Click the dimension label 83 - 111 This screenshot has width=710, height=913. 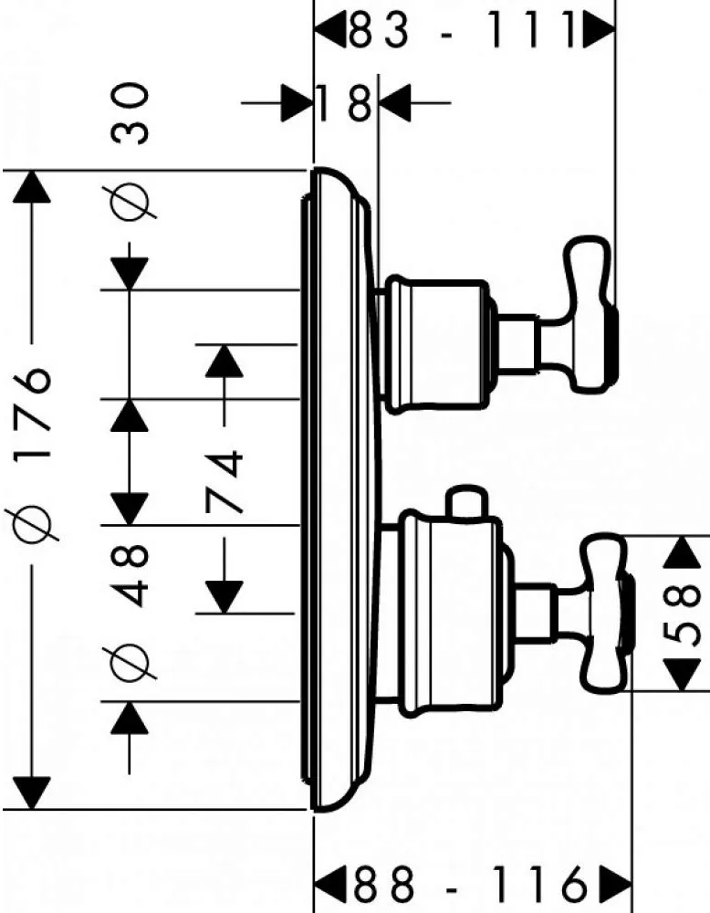pyautogui.click(x=464, y=30)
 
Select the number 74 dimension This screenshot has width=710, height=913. pyautogui.click(x=224, y=481)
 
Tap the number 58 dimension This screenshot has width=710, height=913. pyautogui.click(x=682, y=614)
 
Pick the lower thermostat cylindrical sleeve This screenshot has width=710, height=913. pyautogui.click(x=449, y=613)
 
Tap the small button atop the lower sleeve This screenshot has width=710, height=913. pyautogui.click(x=466, y=500)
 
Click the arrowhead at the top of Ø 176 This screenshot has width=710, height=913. pyautogui.click(x=31, y=187)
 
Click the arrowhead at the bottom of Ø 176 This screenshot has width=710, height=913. pyautogui.click(x=31, y=793)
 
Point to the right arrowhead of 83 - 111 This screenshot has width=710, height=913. pyautogui.click(x=599, y=30)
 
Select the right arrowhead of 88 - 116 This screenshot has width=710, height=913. pyautogui.click(x=615, y=884)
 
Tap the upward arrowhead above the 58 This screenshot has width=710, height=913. pyautogui.click(x=682, y=552)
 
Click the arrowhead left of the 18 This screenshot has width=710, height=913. pyautogui.click(x=298, y=103)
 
